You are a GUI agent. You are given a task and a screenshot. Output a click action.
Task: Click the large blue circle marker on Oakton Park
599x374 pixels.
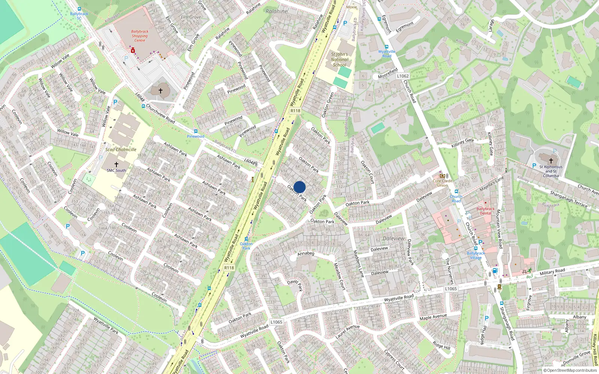[299, 187]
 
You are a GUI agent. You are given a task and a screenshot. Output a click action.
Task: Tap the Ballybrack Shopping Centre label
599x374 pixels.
[140, 36]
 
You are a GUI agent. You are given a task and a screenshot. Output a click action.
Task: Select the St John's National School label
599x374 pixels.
[340, 59]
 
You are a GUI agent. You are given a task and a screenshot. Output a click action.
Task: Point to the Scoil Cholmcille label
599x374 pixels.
[121, 150]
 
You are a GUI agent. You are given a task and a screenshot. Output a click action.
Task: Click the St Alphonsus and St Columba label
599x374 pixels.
[551, 171]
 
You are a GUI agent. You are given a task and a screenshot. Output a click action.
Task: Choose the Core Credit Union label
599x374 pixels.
[443, 183]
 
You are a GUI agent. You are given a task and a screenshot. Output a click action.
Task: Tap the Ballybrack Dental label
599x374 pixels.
[486, 211]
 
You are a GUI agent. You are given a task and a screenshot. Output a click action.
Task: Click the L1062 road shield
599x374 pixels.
[403, 76]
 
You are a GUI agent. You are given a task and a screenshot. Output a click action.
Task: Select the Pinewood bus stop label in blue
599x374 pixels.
[196, 137]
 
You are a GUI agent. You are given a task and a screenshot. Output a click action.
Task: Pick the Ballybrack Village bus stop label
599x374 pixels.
[476, 255]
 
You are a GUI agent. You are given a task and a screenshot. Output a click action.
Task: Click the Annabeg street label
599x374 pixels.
[306, 254]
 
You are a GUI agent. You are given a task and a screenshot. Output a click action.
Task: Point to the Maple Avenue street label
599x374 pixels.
[433, 317]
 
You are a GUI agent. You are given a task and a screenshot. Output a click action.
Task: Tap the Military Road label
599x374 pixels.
[552, 272]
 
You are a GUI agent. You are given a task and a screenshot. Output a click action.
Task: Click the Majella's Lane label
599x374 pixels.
[492, 184]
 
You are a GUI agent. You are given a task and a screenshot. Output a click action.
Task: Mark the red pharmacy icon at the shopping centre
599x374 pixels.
[133, 50]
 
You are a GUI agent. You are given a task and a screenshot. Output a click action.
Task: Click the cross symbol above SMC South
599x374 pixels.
[116, 165]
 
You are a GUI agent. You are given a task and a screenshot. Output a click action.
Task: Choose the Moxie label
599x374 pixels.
[352, 7]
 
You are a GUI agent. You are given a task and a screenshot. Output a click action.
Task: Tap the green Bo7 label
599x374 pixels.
[530, 277]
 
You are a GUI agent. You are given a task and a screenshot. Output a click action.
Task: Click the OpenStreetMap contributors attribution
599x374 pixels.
[570, 371]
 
